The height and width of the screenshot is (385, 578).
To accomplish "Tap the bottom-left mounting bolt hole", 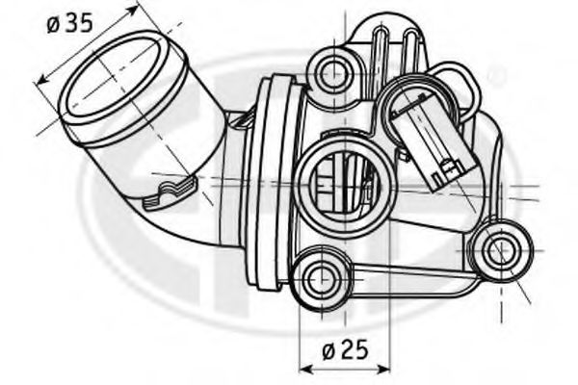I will tap(321, 278).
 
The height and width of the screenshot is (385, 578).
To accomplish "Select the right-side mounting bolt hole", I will tap(499, 252).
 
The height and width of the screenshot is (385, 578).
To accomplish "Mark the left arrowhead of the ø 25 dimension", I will tap(303, 367).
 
